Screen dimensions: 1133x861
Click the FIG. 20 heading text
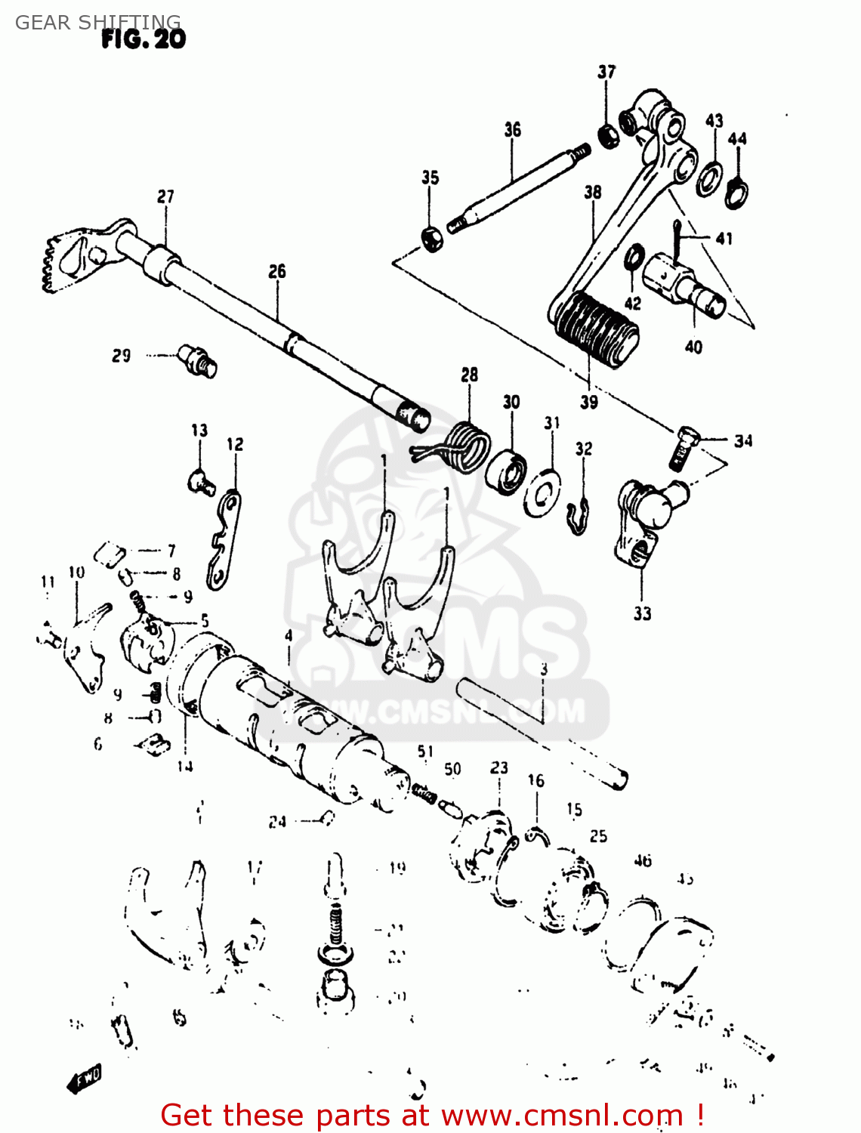143,39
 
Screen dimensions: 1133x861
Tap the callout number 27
165,196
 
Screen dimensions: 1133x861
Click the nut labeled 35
431,238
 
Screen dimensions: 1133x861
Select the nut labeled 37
608,137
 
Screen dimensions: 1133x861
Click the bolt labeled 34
684,447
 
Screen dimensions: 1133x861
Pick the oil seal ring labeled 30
506,473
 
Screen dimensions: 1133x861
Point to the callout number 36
513,130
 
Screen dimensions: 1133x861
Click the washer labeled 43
708,178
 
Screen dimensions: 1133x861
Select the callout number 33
642,613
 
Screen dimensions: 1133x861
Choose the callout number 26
277,271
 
